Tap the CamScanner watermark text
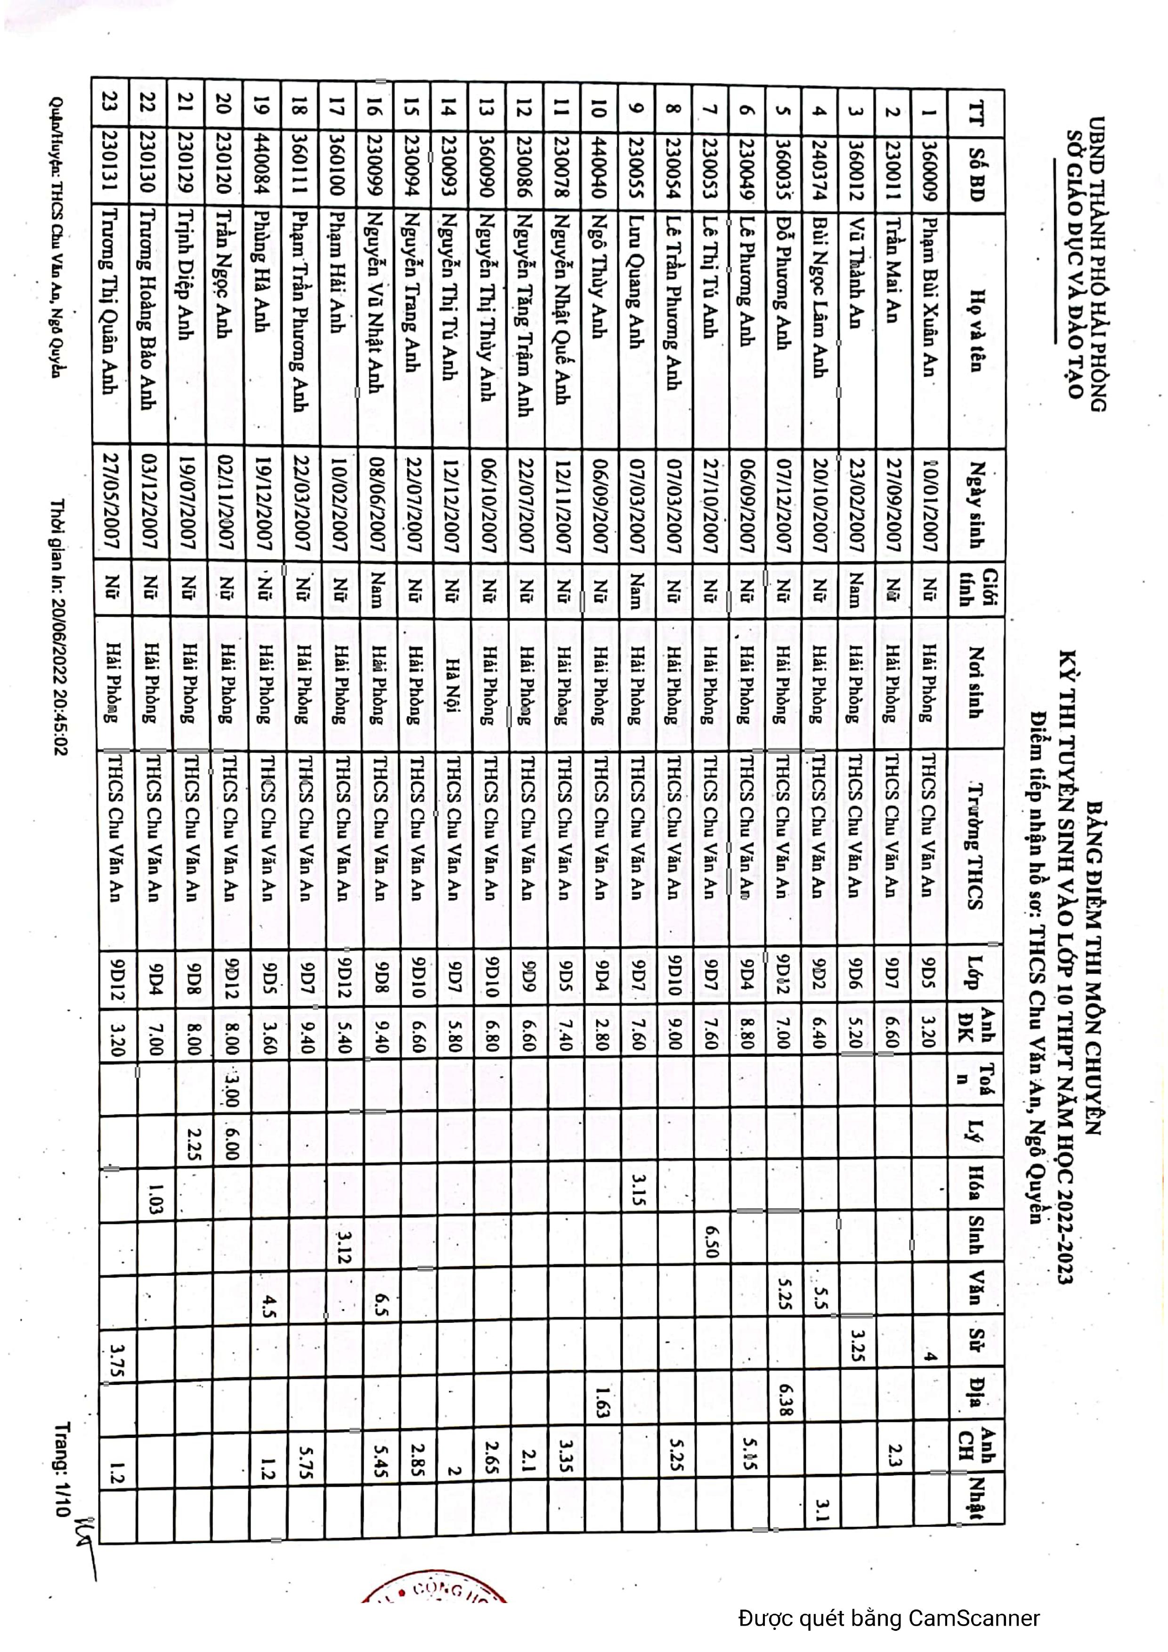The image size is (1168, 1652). (x=888, y=1618)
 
